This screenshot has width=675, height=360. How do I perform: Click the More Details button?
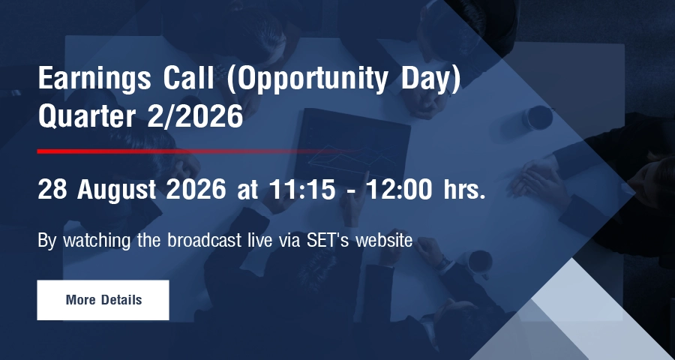tap(103, 300)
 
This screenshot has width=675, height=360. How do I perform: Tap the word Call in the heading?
tap(188, 78)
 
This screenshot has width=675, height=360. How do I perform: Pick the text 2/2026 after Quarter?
tap(195, 116)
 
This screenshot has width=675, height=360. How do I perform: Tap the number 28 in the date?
tap(52, 189)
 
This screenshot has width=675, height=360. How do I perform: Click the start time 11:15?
tap(301, 189)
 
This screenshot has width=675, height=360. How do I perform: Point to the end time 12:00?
tap(400, 189)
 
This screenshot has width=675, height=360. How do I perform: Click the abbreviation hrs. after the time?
tap(464, 189)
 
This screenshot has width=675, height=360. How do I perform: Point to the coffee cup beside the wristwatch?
tap(479, 262)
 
